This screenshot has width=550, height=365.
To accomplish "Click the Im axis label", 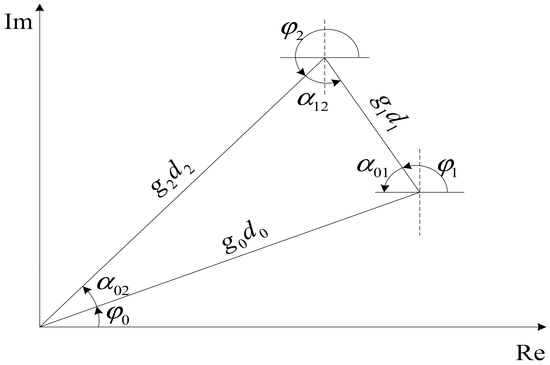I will click(19, 23).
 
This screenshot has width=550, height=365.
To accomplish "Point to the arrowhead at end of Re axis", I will click(542, 327).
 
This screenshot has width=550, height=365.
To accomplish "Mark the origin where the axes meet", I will click(40, 327).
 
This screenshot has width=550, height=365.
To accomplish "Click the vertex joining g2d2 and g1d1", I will click(325, 58).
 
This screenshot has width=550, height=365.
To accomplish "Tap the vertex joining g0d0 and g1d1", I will click(420, 192).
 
